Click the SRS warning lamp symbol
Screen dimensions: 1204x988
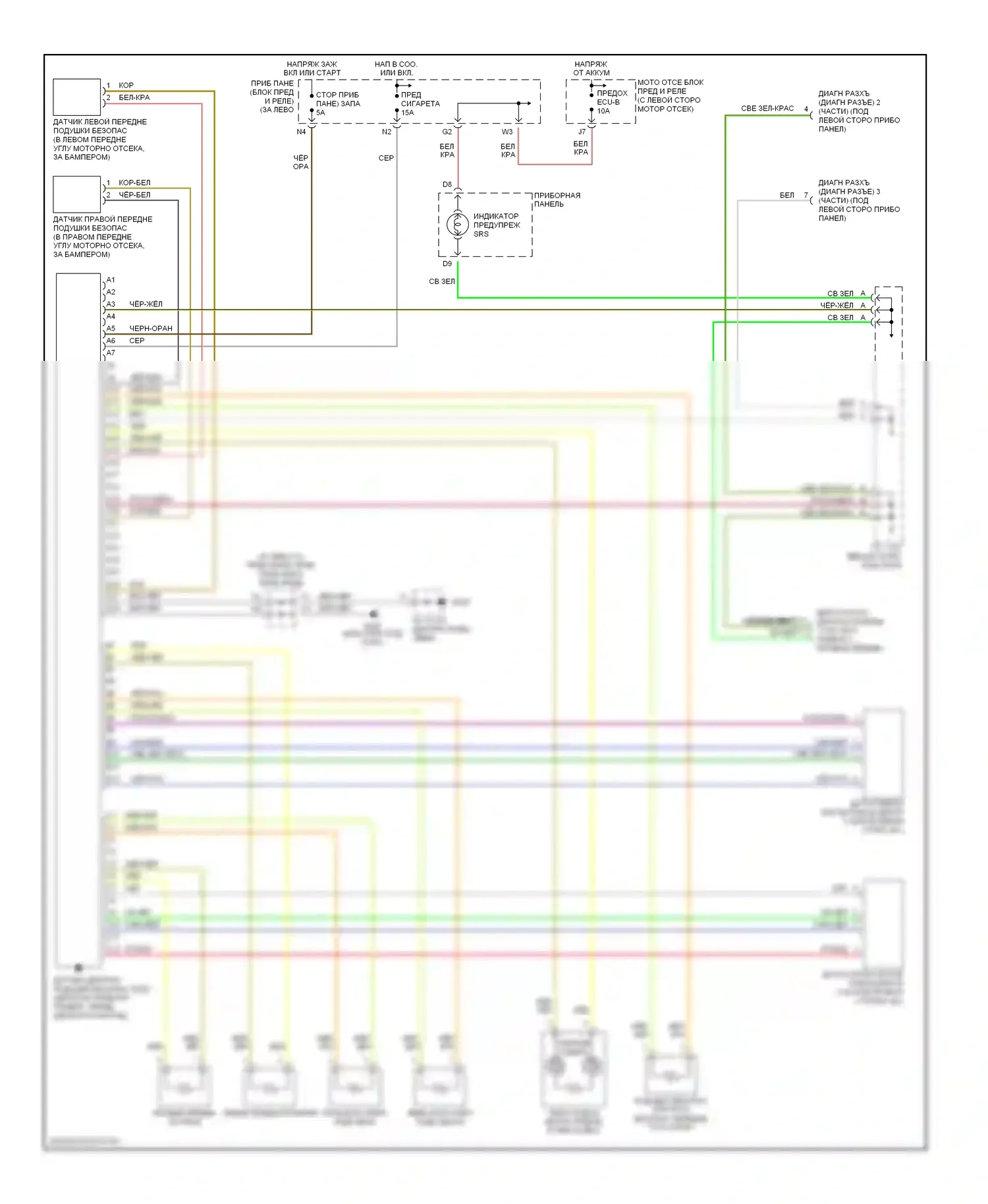click(458, 225)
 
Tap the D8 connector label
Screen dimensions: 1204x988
click(447, 184)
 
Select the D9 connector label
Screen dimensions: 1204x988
click(447, 263)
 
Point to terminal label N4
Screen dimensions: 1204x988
click(301, 132)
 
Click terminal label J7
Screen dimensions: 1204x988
click(582, 132)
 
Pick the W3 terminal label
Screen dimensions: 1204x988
click(507, 132)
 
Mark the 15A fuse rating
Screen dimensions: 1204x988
click(408, 113)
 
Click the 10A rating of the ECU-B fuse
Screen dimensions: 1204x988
click(603, 111)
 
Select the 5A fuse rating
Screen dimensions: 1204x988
click(321, 113)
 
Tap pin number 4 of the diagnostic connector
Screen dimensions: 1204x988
click(806, 109)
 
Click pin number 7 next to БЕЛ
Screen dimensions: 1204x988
click(806, 195)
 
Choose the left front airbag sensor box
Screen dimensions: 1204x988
click(76, 97)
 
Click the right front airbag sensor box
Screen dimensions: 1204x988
click(76, 194)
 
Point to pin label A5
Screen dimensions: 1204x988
click(111, 328)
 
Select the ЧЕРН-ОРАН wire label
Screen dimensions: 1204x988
click(151, 328)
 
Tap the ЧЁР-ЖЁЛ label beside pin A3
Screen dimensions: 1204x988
click(146, 304)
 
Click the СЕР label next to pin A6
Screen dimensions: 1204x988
click(137, 341)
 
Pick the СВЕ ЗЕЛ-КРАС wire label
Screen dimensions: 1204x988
click(767, 109)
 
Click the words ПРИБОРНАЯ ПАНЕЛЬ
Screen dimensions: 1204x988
click(557, 200)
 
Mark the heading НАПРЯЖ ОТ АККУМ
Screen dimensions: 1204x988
click(591, 68)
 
